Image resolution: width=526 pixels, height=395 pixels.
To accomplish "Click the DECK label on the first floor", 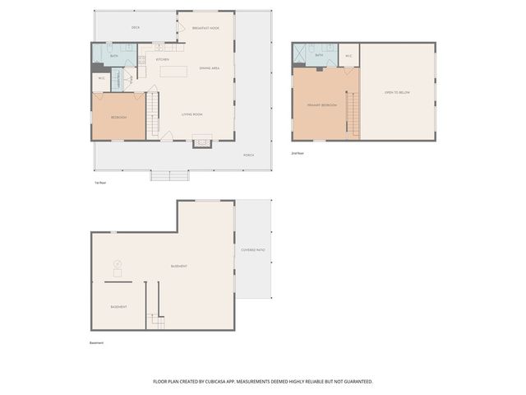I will click(136, 28).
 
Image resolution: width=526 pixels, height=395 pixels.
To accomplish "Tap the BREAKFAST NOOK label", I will click(205, 28).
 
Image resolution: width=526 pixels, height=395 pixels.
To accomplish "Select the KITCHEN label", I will click(163, 59).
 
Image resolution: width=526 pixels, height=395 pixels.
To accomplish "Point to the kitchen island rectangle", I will click(174, 72).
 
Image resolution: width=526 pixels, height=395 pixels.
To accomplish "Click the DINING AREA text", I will click(210, 67).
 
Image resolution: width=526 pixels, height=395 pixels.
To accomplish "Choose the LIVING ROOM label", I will click(192, 114).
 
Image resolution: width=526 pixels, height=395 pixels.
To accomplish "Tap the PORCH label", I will click(247, 155).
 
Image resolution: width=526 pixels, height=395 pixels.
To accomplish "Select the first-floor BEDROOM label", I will click(119, 117).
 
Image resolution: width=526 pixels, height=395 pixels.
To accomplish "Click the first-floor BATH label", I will click(113, 56).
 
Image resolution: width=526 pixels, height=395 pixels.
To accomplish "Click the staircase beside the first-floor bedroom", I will click(153, 116).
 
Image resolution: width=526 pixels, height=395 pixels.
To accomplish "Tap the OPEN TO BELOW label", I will click(397, 92).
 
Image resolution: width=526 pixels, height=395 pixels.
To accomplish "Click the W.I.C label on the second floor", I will click(348, 56).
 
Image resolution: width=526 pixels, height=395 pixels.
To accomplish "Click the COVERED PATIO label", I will click(252, 249).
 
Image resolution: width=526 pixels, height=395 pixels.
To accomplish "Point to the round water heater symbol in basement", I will click(117, 264).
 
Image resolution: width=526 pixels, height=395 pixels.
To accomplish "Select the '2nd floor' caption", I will click(298, 153).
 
